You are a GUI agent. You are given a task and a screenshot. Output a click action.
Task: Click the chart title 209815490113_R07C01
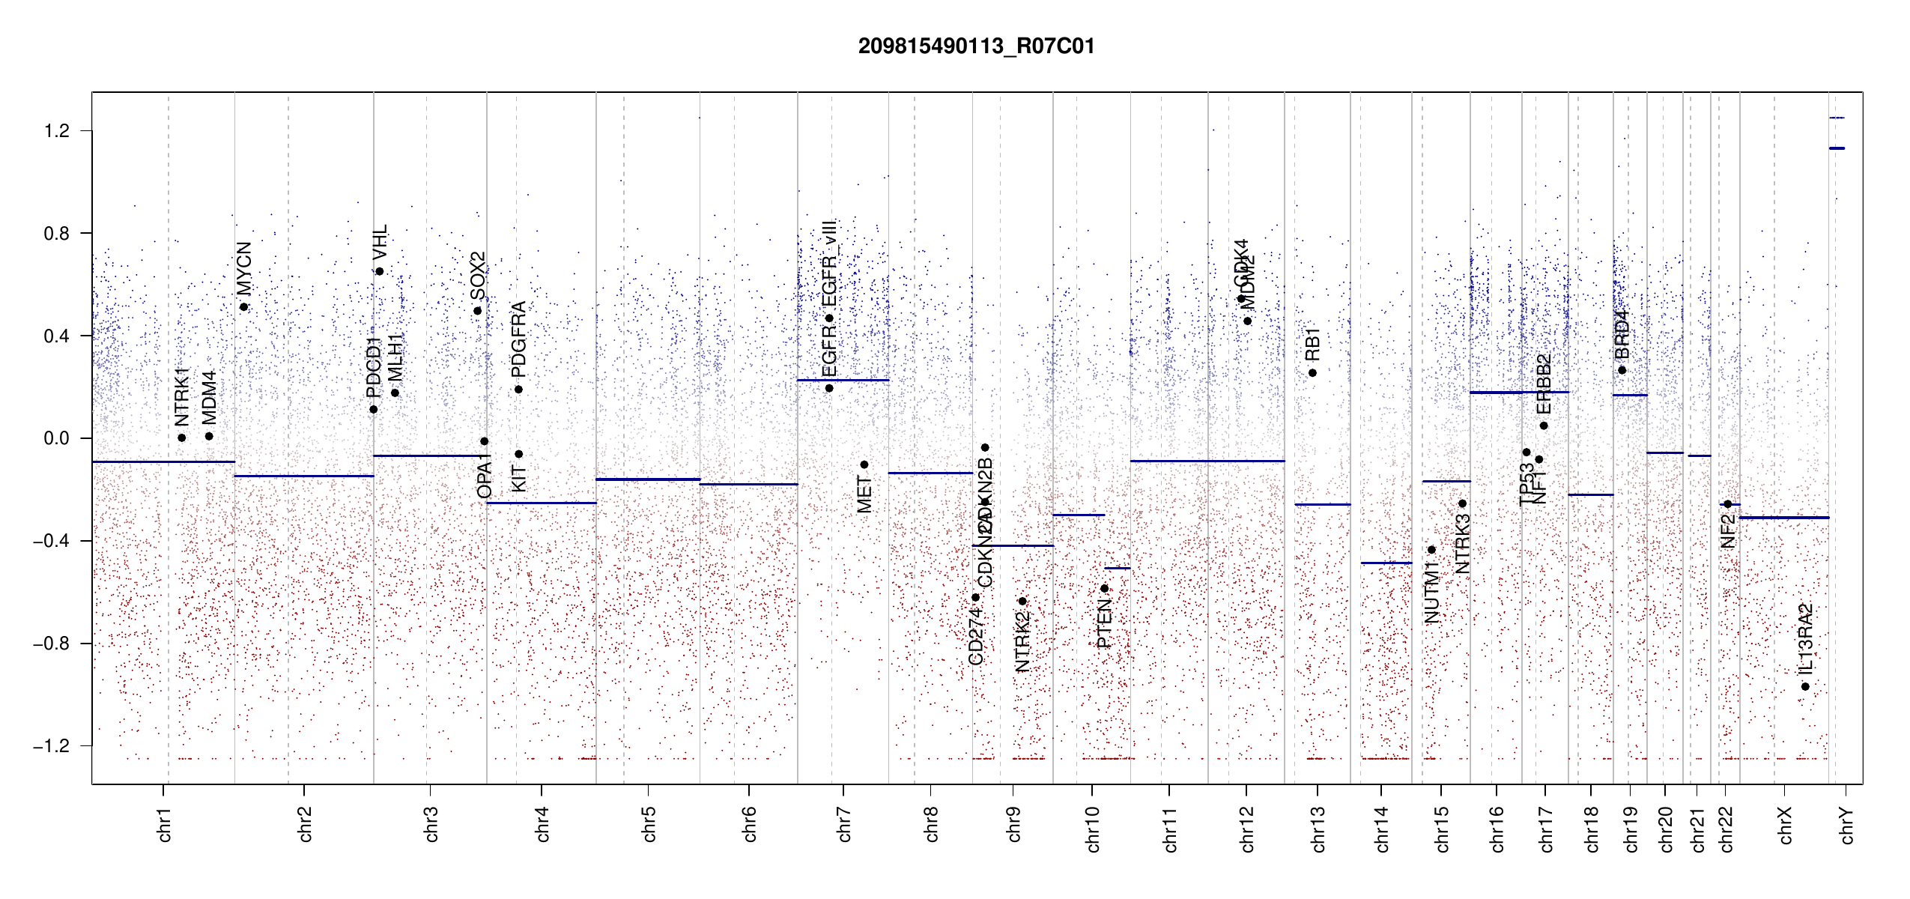(976, 46)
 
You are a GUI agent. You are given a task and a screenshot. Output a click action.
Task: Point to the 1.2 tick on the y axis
(57, 131)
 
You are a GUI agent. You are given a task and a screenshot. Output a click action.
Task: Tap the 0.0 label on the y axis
(57, 438)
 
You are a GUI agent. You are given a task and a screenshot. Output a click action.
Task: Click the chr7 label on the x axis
(844, 824)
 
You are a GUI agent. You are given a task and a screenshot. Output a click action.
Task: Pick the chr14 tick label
(1382, 829)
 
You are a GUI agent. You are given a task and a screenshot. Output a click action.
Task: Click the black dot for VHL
(380, 271)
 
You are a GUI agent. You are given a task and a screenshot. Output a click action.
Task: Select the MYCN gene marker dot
(244, 306)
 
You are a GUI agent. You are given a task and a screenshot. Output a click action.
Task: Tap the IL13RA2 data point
(1805, 686)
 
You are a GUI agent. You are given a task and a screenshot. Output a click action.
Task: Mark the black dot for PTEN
(1104, 588)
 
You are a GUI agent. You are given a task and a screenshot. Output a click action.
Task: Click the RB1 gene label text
(1312, 344)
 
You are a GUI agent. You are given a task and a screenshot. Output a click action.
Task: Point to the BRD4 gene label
(1622, 335)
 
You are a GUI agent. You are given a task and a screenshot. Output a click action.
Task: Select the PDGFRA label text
(518, 339)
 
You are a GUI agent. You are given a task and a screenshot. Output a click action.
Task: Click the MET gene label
(864, 494)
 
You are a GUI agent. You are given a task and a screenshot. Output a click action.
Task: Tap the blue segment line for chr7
(843, 380)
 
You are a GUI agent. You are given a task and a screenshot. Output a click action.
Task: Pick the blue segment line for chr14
(1386, 563)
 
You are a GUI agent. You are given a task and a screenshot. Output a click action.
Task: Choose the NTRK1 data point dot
(182, 438)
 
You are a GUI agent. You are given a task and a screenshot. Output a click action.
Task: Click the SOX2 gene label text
(478, 276)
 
